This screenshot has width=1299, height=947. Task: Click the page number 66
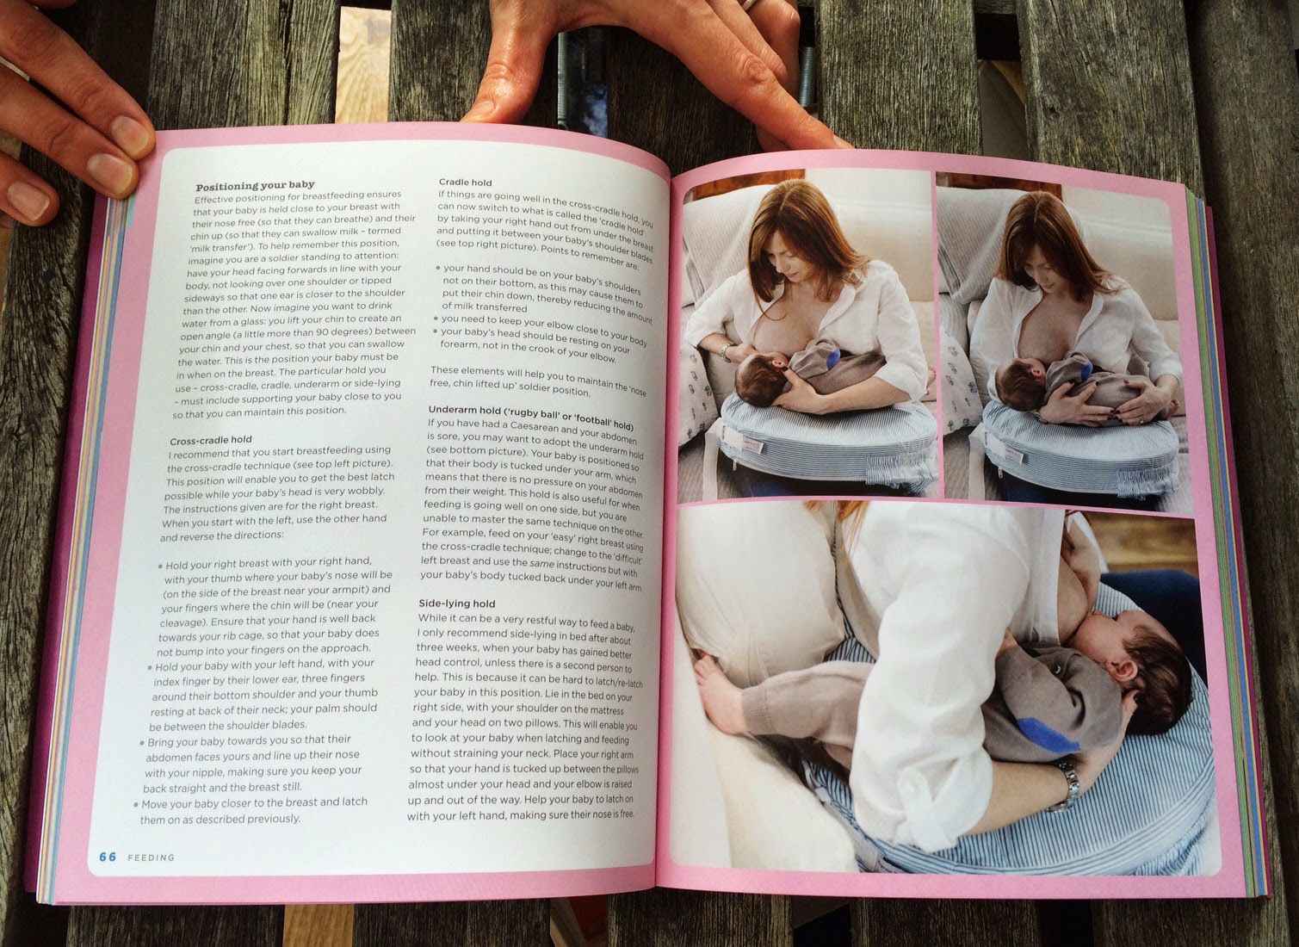(x=108, y=857)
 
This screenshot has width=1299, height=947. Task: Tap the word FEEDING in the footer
(x=151, y=857)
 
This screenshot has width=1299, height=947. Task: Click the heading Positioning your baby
(x=255, y=186)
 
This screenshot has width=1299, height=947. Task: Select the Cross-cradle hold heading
(x=211, y=440)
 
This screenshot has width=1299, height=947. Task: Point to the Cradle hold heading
(x=465, y=183)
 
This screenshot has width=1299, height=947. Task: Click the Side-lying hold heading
(x=457, y=603)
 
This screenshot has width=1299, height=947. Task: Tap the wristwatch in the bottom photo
(x=1065, y=786)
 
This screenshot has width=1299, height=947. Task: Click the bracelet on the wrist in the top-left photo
(x=726, y=350)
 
